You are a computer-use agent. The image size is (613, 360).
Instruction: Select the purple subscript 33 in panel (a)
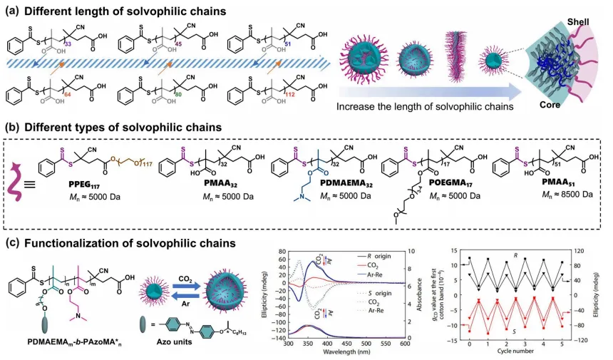point(68,43)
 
